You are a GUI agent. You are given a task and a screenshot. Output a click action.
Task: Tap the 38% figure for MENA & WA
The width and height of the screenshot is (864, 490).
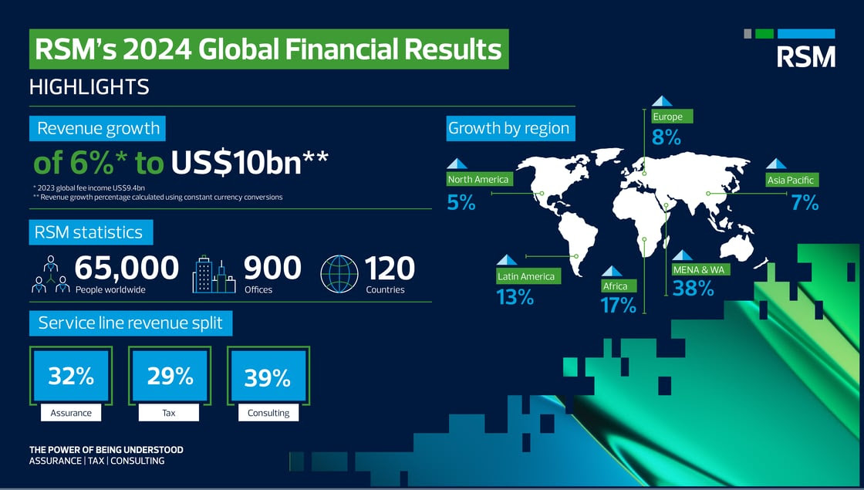click(693, 289)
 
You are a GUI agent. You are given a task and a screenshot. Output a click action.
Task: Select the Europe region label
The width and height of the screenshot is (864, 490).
click(672, 117)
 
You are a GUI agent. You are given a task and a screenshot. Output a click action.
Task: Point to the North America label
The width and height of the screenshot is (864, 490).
click(479, 179)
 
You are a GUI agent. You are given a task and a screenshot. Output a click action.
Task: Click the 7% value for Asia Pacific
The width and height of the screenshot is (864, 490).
click(805, 203)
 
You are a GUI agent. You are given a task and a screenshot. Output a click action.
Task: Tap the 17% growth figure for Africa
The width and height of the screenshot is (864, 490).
click(619, 305)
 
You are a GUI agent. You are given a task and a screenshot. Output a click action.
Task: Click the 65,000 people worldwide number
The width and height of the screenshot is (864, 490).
click(127, 268)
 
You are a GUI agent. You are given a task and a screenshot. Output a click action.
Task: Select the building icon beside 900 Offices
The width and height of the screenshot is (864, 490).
click(214, 274)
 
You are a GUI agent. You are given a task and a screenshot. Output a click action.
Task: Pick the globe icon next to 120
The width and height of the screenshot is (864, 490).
click(339, 273)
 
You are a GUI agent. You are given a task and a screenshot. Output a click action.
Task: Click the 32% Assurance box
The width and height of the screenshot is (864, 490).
click(70, 376)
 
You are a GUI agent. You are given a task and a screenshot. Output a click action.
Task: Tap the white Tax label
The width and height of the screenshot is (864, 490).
click(169, 412)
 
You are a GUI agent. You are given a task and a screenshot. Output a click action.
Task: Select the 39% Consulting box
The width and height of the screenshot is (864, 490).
click(268, 376)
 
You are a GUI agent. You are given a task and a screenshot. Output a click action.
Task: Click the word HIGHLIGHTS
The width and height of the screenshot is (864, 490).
click(89, 87)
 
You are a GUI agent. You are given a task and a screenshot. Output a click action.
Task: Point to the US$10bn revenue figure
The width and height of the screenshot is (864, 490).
click(250, 163)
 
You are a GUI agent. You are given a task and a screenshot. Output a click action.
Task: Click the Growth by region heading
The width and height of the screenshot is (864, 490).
click(510, 128)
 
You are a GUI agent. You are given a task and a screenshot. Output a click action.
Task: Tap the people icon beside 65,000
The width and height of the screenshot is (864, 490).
click(51, 274)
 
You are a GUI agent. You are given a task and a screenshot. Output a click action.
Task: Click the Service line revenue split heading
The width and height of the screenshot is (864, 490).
click(130, 323)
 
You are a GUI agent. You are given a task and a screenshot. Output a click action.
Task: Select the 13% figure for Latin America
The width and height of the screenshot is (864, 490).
click(515, 297)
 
